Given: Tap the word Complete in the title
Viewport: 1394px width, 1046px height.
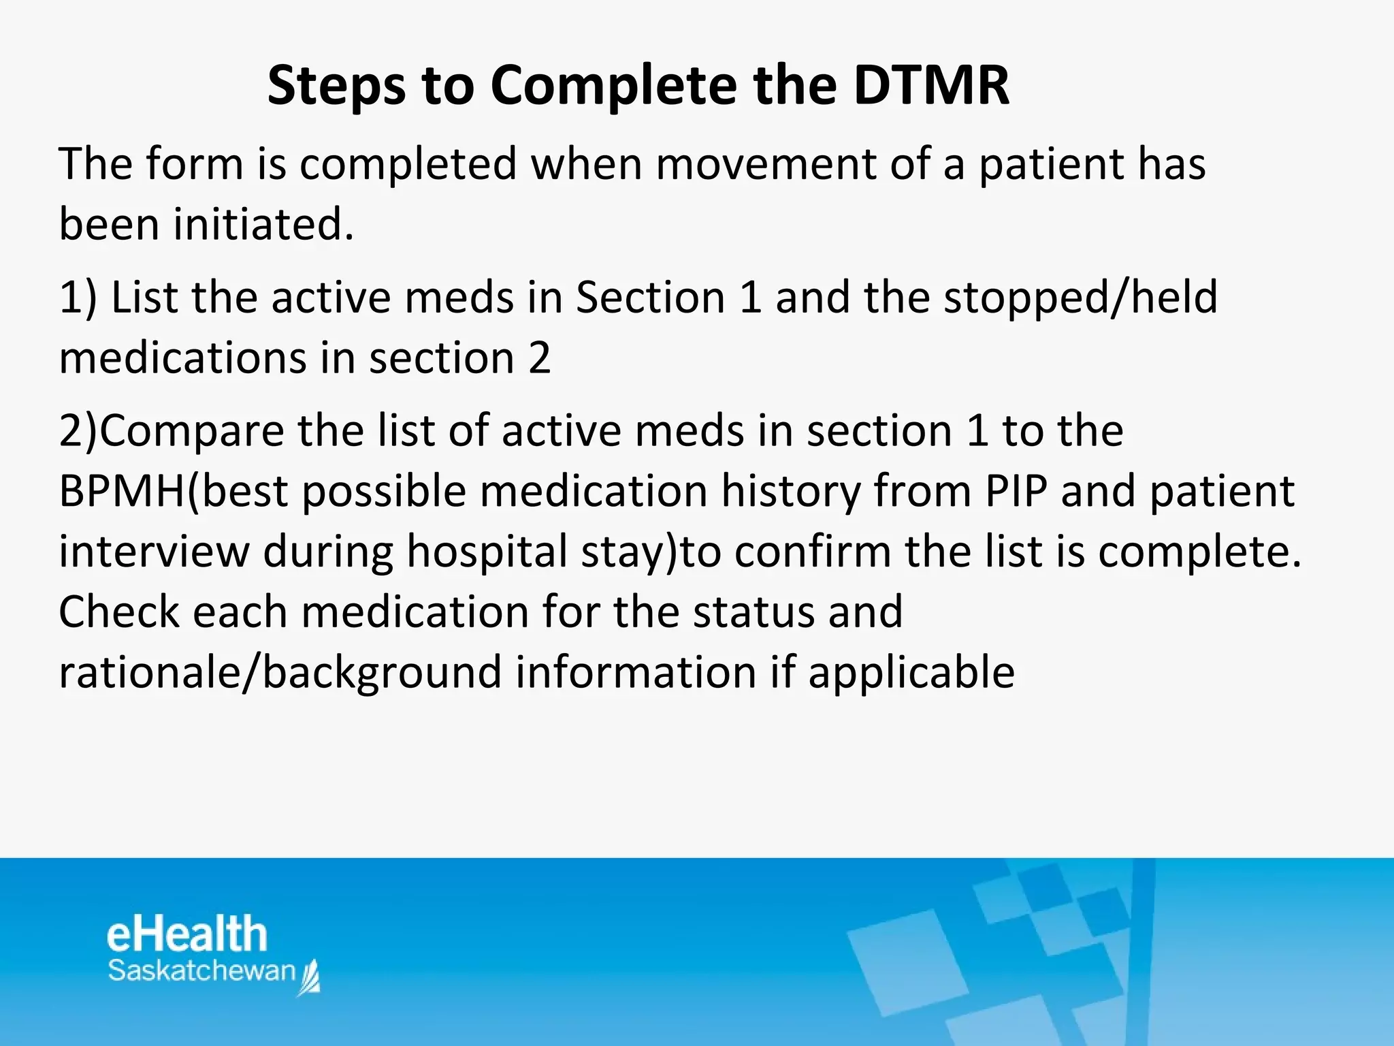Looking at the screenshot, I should click(x=613, y=85).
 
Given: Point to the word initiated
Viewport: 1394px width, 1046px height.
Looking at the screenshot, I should click(x=263, y=224).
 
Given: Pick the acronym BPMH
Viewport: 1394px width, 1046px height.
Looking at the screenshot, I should click(x=121, y=491).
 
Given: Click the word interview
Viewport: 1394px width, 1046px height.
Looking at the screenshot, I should click(x=154, y=551).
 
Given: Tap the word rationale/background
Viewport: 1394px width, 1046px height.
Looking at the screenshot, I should click(x=280, y=672).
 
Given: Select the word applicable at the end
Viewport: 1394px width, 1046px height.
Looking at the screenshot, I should click(x=911, y=672).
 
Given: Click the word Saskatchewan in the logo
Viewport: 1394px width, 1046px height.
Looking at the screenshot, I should click(x=201, y=971).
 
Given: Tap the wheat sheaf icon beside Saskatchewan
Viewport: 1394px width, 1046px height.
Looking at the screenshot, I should click(x=310, y=978).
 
